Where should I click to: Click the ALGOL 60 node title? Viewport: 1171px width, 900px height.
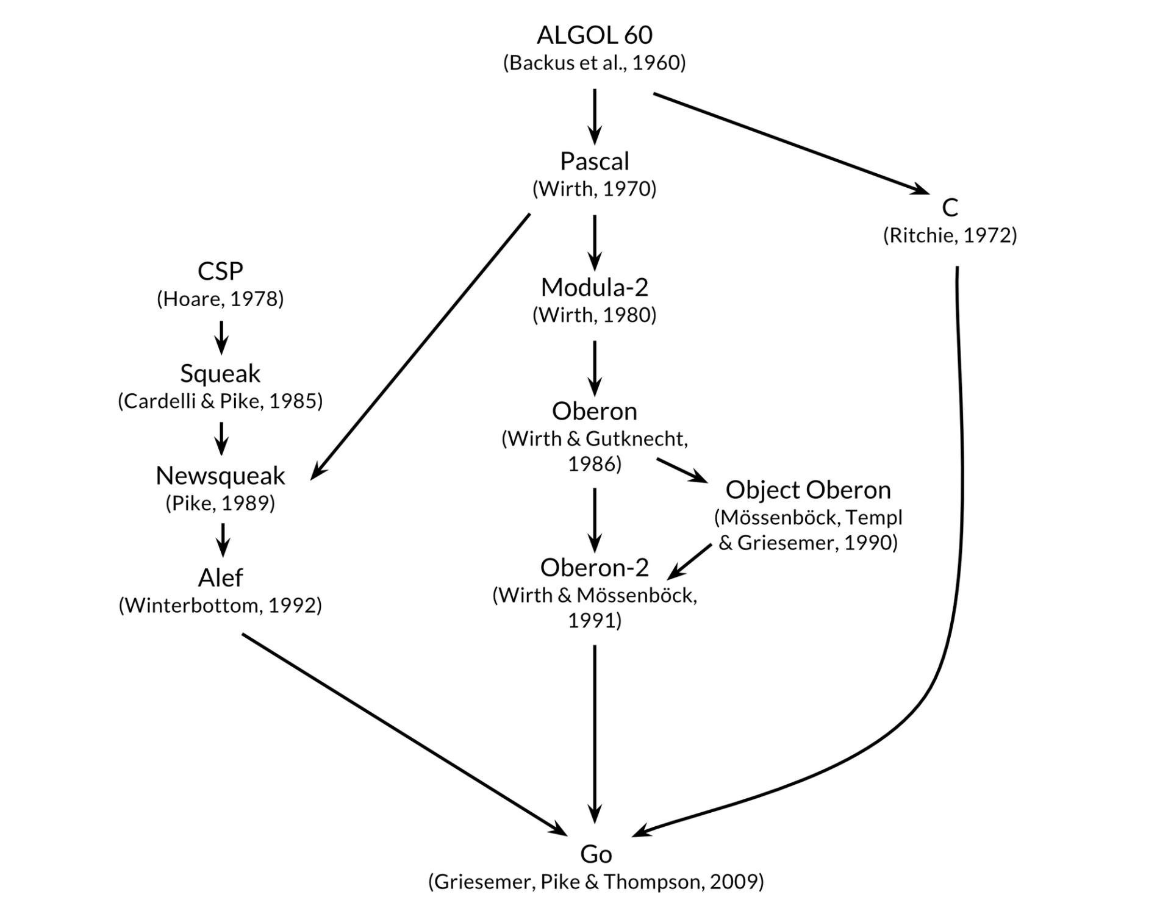pyautogui.click(x=594, y=35)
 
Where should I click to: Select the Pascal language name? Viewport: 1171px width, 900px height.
pyautogui.click(x=594, y=162)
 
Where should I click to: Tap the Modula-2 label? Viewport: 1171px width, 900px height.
pyautogui.click(x=594, y=287)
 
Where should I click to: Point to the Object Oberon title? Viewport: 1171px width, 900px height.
pyautogui.click(x=808, y=490)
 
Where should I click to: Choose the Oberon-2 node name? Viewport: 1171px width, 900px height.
pyautogui.click(x=594, y=568)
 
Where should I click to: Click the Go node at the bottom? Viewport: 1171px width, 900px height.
pyautogui.click(x=595, y=854)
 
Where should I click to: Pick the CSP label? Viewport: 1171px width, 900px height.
pyautogui.click(x=220, y=271)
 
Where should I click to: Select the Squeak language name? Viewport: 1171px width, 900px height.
pyautogui.click(x=220, y=373)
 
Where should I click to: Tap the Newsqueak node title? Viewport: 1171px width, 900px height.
pyautogui.click(x=220, y=476)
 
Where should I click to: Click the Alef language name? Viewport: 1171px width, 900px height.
pyautogui.click(x=220, y=577)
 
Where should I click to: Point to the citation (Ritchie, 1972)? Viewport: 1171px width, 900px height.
pyautogui.click(x=950, y=235)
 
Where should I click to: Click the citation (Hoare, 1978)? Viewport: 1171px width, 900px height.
pyautogui.click(x=220, y=299)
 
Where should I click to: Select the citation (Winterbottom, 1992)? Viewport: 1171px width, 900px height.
pyautogui.click(x=220, y=605)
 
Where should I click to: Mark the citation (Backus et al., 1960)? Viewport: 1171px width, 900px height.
pyautogui.click(x=594, y=63)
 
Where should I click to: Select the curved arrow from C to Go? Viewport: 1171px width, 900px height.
pyautogui.click(x=961, y=549)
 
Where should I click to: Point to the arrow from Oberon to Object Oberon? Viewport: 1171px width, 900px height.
pyautogui.click(x=681, y=470)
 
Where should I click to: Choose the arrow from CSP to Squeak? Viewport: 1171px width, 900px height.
pyautogui.click(x=221, y=337)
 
